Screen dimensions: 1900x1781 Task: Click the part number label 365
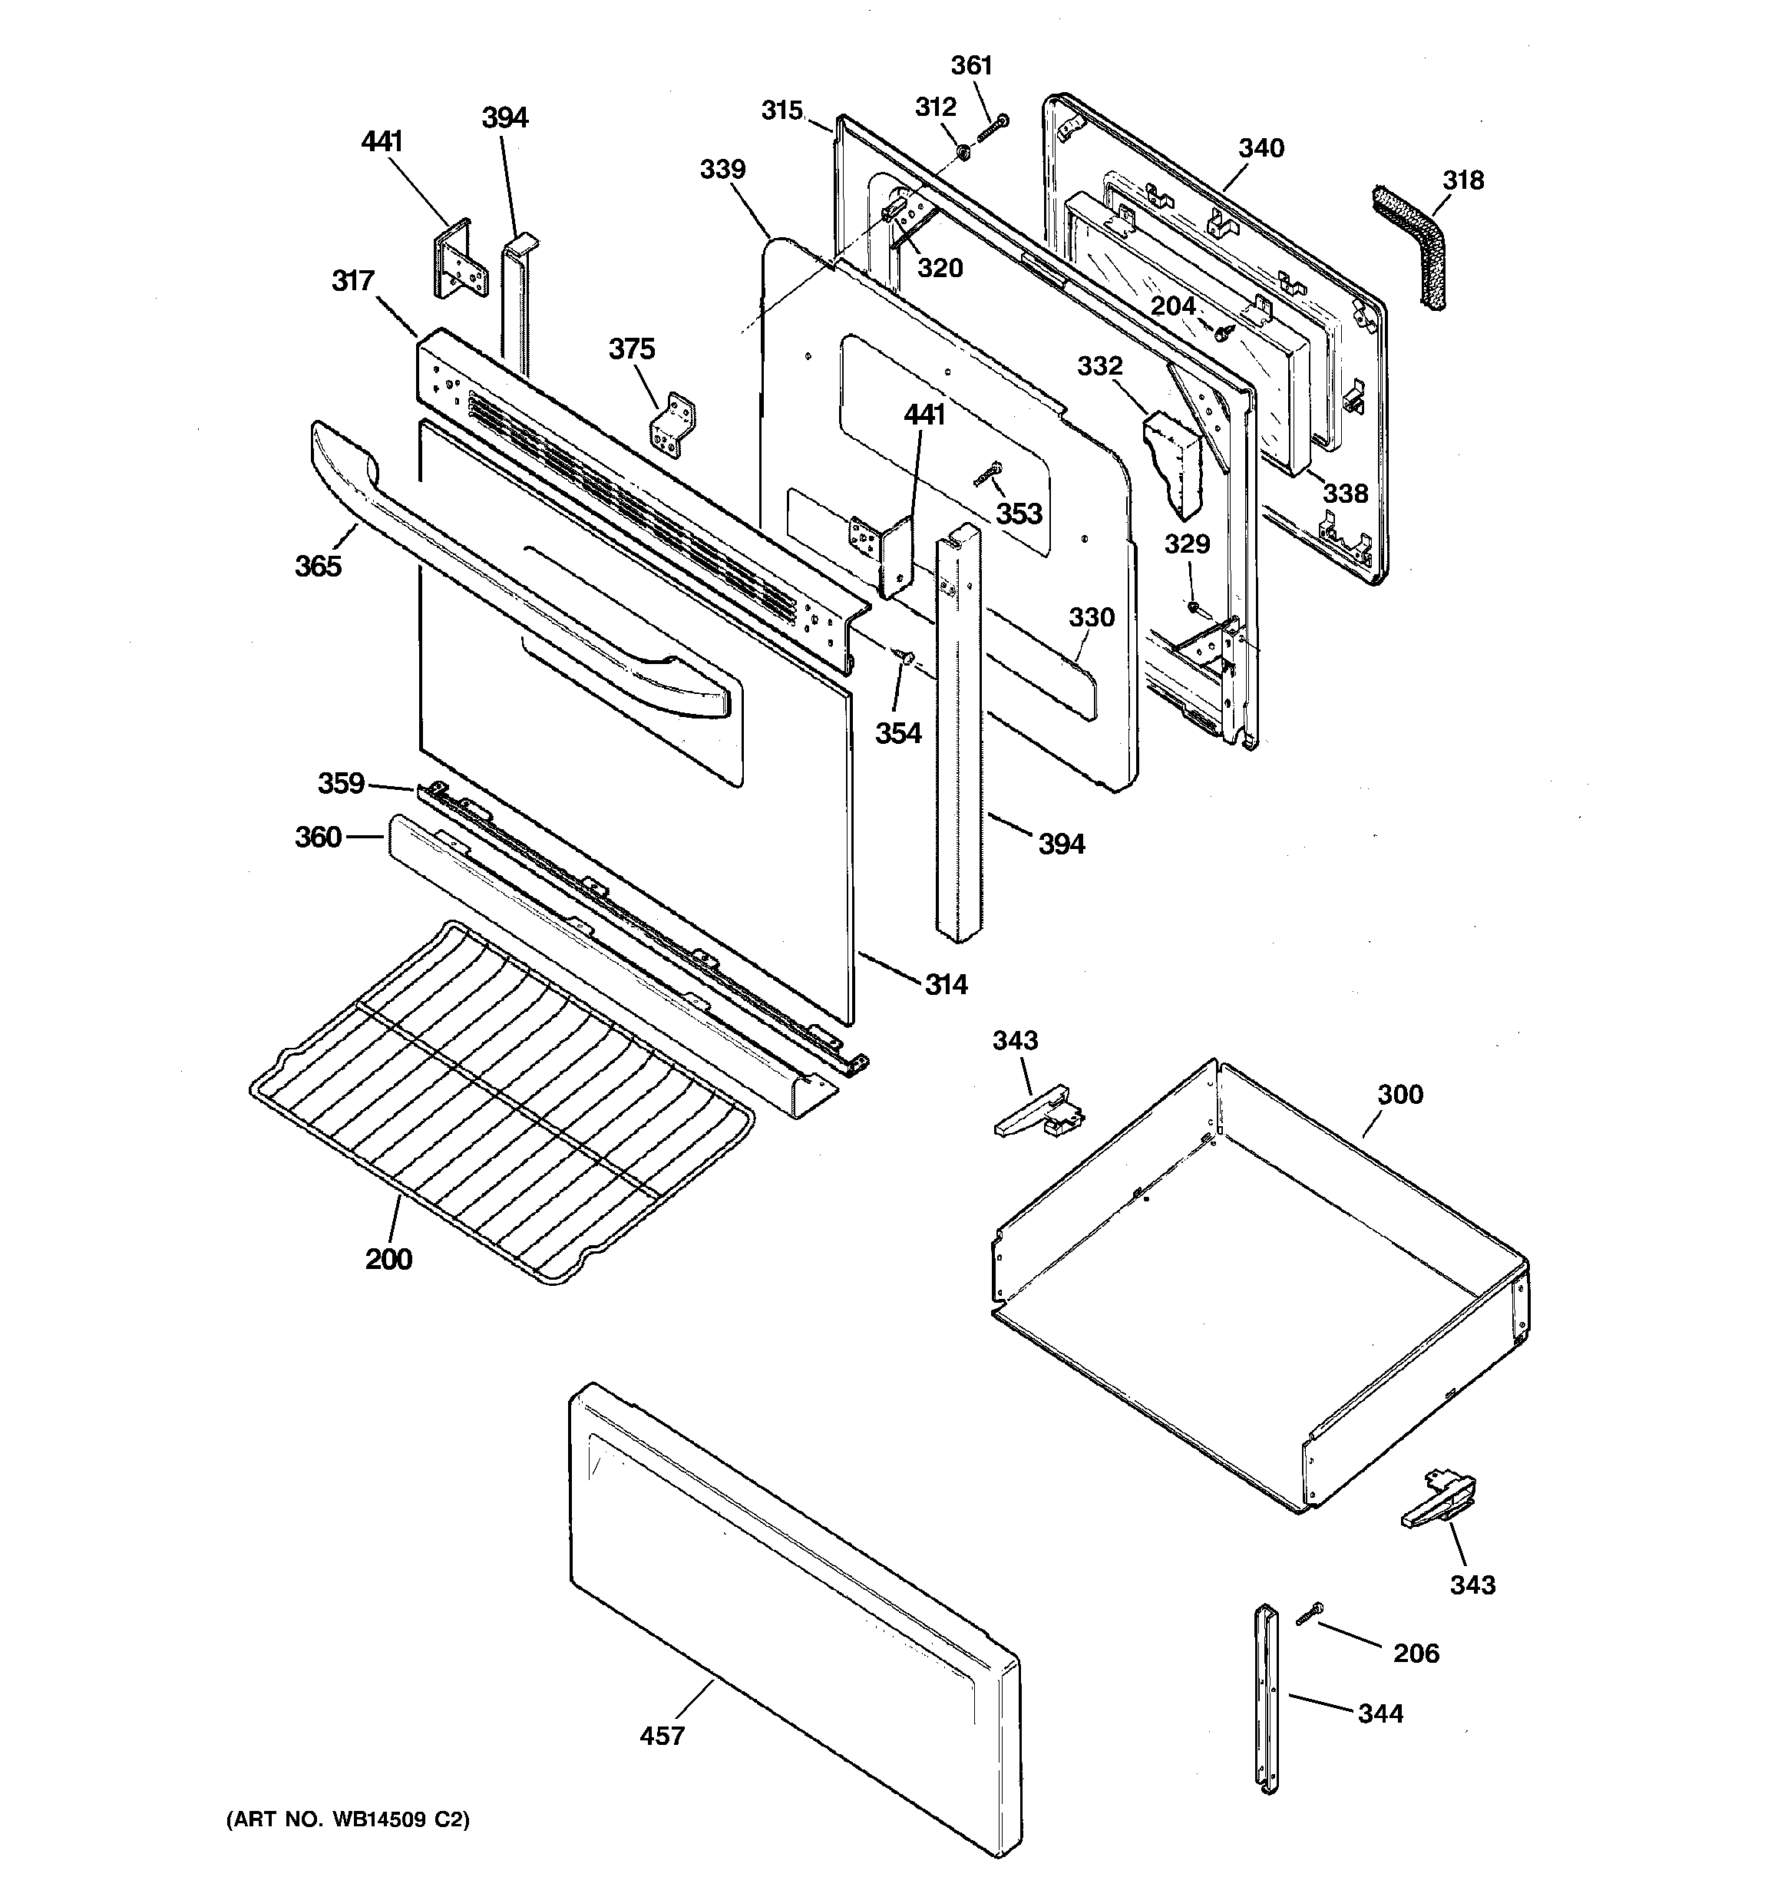(317, 567)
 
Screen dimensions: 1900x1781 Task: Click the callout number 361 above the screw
(971, 66)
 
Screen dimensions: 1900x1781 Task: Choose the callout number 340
(1261, 149)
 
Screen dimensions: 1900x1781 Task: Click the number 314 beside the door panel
(946, 984)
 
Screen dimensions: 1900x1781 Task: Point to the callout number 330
(1091, 617)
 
